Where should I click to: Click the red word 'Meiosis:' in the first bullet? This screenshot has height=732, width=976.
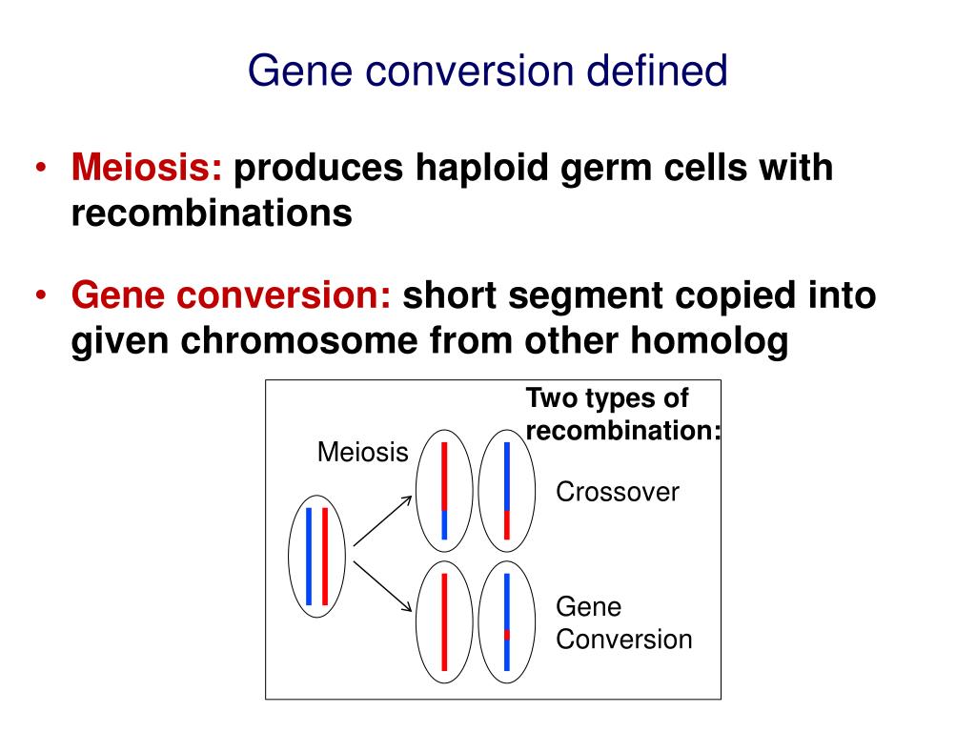point(147,169)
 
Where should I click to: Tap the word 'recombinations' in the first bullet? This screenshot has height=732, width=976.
point(212,213)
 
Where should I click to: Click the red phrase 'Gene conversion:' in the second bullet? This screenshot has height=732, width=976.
point(232,296)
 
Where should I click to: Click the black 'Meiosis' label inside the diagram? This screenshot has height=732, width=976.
point(362,452)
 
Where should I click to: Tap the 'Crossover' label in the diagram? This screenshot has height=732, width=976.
point(618,493)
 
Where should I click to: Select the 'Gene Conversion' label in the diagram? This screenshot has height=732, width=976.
point(623,623)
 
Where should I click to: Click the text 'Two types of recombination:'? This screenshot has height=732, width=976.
point(622,415)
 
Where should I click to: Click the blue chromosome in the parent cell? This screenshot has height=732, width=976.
point(309,556)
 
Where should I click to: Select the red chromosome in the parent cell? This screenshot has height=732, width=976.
point(325,556)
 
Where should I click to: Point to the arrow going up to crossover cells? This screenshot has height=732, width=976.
point(383,519)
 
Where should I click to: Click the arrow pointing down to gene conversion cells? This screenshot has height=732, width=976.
point(383,586)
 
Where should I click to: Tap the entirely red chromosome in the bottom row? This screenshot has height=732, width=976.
point(445,621)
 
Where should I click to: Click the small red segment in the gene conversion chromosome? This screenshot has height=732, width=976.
point(507,634)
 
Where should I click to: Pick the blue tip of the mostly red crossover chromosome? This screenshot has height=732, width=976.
point(444,525)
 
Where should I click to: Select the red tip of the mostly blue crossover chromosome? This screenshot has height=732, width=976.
point(507,525)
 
